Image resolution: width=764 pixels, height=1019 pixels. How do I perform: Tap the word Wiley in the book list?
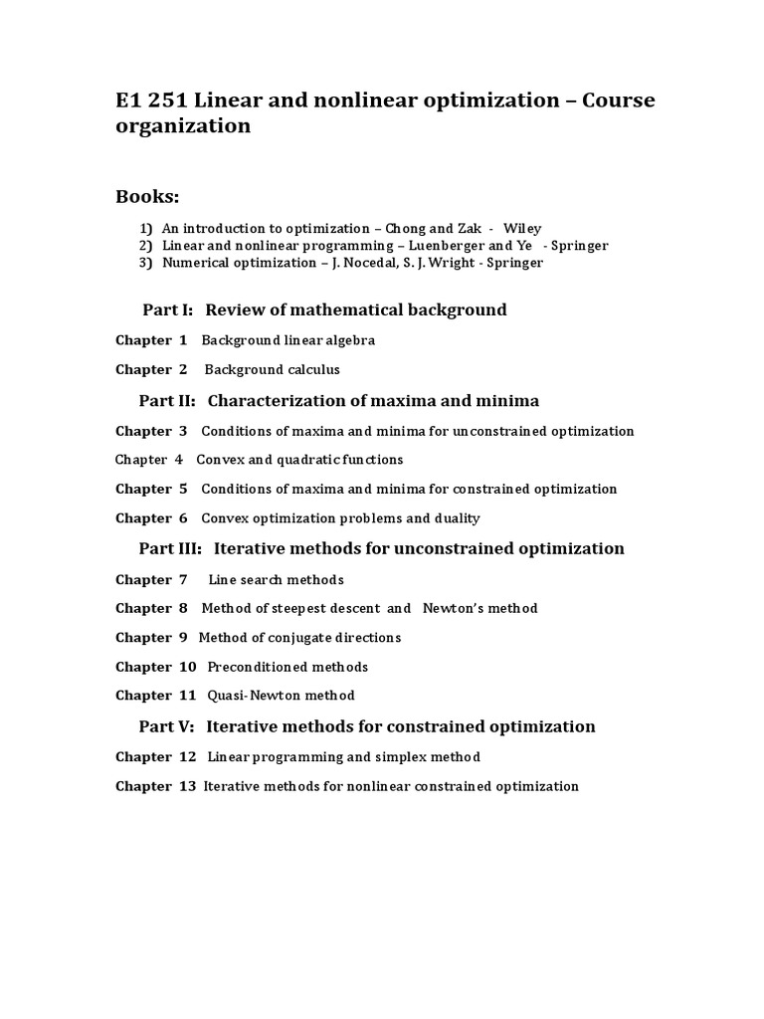[522, 228]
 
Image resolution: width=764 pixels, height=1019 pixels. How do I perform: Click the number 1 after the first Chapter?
[183, 340]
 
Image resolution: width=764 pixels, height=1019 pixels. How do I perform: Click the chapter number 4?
[179, 460]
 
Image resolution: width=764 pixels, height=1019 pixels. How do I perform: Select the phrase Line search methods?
[276, 579]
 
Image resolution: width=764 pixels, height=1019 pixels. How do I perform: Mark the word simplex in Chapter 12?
[384, 757]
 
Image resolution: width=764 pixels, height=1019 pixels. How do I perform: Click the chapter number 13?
[188, 786]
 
